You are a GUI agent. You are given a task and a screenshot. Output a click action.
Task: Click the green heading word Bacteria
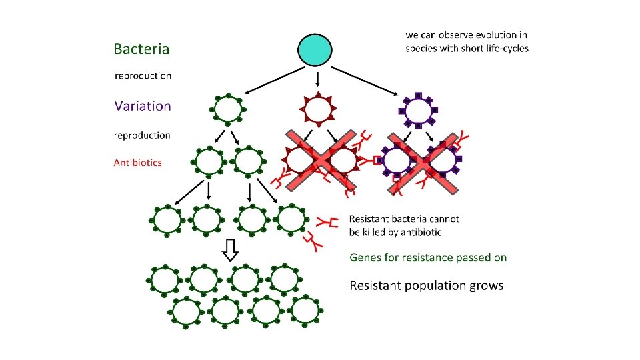[x=141, y=49]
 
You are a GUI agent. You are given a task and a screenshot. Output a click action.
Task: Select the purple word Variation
[x=142, y=105]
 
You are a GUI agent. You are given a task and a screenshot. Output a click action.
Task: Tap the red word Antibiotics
[x=137, y=163]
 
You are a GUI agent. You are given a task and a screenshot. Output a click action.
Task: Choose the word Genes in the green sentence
[x=366, y=257]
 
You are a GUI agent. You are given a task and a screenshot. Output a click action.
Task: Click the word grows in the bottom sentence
[x=487, y=286]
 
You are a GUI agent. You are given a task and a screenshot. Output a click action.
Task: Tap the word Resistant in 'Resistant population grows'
[x=374, y=286]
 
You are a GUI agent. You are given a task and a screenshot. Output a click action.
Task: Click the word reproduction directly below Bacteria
[x=143, y=75]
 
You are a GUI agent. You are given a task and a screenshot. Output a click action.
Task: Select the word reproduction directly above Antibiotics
[x=142, y=135]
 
